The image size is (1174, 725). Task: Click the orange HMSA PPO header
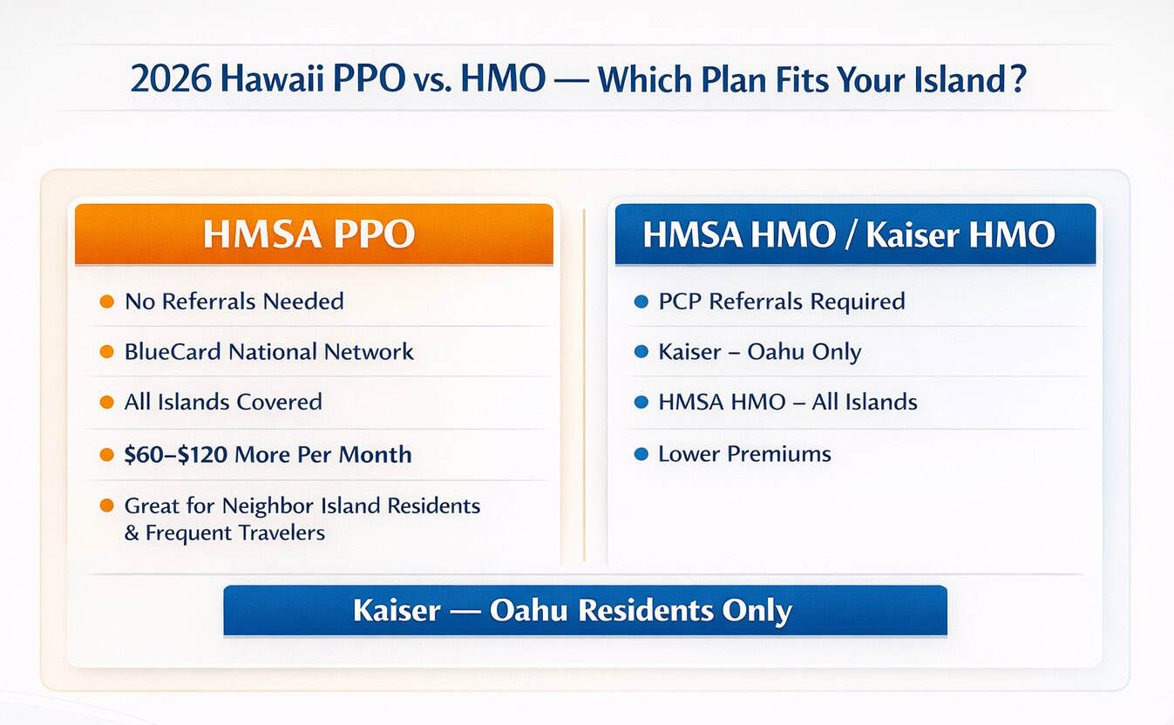tap(314, 234)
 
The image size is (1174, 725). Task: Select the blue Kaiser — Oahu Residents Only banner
tap(585, 610)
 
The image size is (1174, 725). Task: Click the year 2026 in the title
tap(172, 80)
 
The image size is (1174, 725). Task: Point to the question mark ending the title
tap(1018, 80)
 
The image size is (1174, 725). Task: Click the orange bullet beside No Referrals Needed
tap(106, 302)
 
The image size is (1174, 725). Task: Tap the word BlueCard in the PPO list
tap(173, 352)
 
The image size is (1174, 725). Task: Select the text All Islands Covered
tap(223, 402)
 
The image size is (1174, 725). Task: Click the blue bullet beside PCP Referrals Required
tap(641, 302)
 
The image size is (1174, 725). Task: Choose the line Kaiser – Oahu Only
tap(759, 352)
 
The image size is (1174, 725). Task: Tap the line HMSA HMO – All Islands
tap(787, 402)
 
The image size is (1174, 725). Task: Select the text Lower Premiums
tap(744, 454)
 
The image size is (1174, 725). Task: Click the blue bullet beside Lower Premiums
tap(641, 454)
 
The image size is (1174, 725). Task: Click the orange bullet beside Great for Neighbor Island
tap(106, 505)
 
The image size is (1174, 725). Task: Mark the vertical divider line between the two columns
tap(584, 383)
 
